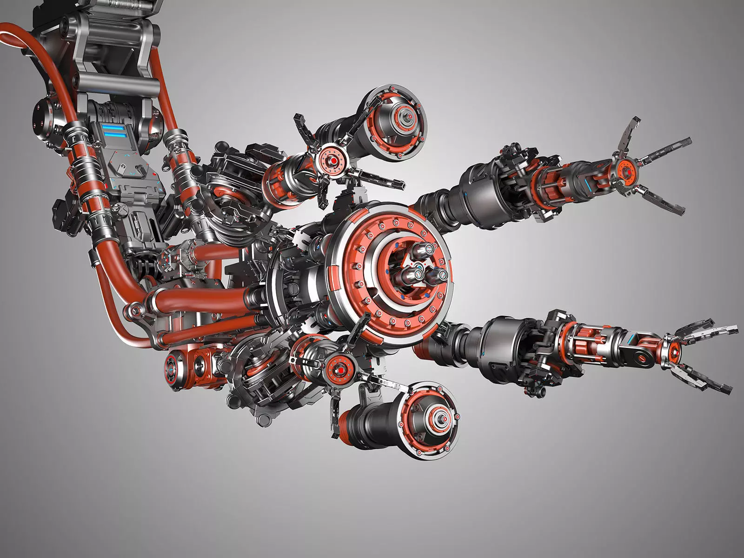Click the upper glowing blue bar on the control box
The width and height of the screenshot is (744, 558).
click(114, 126)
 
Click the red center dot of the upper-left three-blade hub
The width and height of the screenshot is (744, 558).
click(333, 161)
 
